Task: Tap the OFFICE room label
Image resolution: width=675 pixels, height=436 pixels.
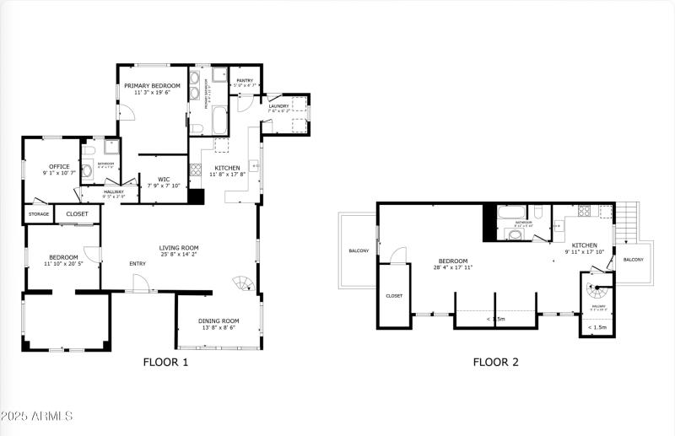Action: tap(58, 167)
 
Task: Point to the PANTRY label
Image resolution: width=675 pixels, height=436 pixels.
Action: tap(245, 81)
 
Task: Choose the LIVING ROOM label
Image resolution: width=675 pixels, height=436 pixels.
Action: tap(179, 248)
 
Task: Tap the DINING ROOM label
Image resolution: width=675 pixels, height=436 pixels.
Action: tap(219, 320)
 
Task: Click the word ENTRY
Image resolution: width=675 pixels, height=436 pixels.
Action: tap(138, 264)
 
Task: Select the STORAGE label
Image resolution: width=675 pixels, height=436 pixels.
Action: tap(39, 214)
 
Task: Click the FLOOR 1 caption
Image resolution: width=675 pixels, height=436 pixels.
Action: tap(165, 363)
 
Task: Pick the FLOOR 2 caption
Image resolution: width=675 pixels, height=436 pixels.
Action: tap(495, 363)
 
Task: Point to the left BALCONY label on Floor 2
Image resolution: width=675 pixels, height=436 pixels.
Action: tap(358, 250)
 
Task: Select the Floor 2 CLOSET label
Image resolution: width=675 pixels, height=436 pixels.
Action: tap(394, 296)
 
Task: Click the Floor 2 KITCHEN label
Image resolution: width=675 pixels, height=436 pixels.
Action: tap(585, 245)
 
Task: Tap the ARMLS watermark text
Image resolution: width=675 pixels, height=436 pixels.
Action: tap(37, 416)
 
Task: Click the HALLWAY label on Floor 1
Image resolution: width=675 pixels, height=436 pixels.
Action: tap(114, 192)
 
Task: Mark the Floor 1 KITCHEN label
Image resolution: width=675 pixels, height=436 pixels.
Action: tap(226, 168)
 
